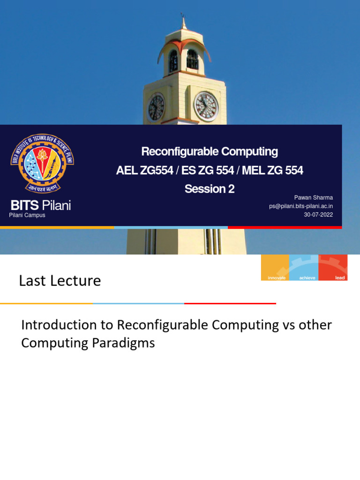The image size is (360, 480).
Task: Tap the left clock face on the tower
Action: tap(156, 107)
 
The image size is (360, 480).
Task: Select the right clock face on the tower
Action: tap(206, 106)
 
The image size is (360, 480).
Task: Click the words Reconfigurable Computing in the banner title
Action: tap(210, 152)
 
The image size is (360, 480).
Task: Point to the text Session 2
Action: tap(210, 189)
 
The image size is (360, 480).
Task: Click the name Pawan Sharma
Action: tap(313, 198)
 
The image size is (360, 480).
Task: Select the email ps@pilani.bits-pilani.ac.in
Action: tap(301, 206)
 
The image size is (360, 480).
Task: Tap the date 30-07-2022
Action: tap(318, 215)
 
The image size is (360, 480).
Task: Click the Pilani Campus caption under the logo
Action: tap(27, 215)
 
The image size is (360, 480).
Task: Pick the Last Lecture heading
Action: tap(60, 281)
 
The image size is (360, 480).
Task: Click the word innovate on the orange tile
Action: tap(277, 278)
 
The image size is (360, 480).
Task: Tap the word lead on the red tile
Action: tap(340, 278)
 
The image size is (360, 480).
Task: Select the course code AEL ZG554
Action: tap(144, 171)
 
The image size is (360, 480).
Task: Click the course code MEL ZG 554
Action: tap(272, 171)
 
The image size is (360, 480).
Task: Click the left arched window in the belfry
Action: tap(173, 60)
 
